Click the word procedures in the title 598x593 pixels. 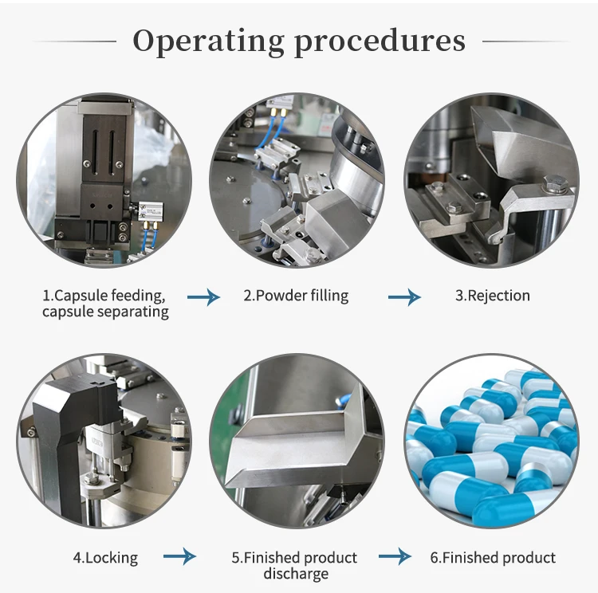click(x=380, y=41)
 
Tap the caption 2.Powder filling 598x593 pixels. click(x=296, y=296)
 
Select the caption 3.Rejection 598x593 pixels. click(x=492, y=296)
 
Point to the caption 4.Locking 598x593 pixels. click(x=105, y=558)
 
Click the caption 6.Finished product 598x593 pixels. click(x=493, y=558)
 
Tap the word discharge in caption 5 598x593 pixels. click(x=296, y=573)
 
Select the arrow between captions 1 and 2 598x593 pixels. click(x=203, y=297)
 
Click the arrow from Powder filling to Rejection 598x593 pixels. click(x=404, y=297)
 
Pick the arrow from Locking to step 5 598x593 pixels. click(x=179, y=557)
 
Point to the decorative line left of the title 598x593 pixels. click(x=75, y=41)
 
